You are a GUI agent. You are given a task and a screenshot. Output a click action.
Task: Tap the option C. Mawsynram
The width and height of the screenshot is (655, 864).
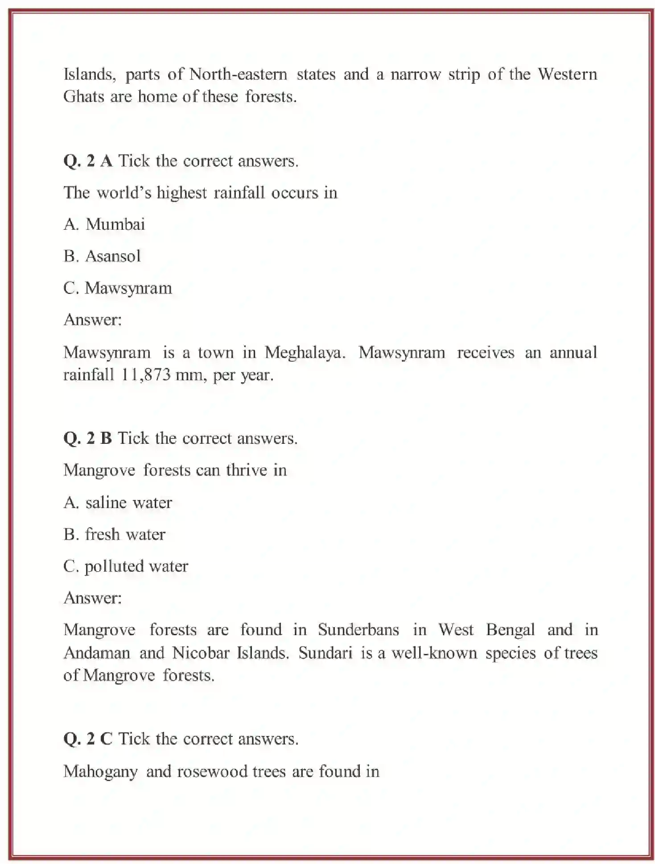(x=118, y=288)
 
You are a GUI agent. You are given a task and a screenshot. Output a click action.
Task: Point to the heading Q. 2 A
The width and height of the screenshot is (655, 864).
(x=88, y=161)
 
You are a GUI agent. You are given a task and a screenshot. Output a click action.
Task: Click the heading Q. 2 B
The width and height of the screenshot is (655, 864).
(x=87, y=438)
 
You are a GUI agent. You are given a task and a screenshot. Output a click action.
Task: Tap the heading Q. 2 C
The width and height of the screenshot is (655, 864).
(x=88, y=739)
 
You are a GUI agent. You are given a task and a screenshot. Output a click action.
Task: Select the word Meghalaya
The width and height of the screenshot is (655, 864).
(x=305, y=352)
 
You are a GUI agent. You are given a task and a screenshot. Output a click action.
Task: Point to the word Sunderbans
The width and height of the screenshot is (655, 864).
(x=358, y=629)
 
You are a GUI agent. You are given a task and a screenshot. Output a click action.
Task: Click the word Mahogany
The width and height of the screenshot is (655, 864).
(x=101, y=772)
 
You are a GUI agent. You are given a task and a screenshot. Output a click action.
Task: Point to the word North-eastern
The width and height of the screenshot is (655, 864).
(x=238, y=74)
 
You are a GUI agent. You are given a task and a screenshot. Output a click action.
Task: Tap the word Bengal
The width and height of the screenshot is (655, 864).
(x=510, y=629)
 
